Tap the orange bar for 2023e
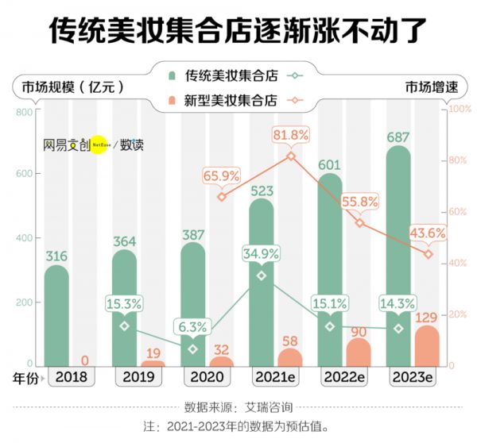[x=427, y=346]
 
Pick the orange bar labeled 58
[x=290, y=357]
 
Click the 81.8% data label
[x=290, y=136]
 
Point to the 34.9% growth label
[x=261, y=255]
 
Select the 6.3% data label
[x=193, y=327]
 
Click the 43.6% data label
[x=427, y=234]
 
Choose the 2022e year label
[x=343, y=379]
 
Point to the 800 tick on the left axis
[x=23, y=111]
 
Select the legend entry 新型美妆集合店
[x=230, y=100]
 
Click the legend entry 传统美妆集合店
[x=230, y=76]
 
